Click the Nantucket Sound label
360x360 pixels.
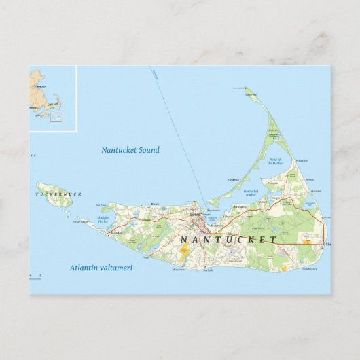(130, 150)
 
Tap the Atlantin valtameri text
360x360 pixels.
(101, 268)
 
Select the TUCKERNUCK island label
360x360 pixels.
(58, 195)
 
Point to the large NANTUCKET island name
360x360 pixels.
(228, 240)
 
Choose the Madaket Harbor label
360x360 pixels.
(103, 219)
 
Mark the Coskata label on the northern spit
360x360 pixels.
(273, 130)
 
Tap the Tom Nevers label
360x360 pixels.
(309, 270)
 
